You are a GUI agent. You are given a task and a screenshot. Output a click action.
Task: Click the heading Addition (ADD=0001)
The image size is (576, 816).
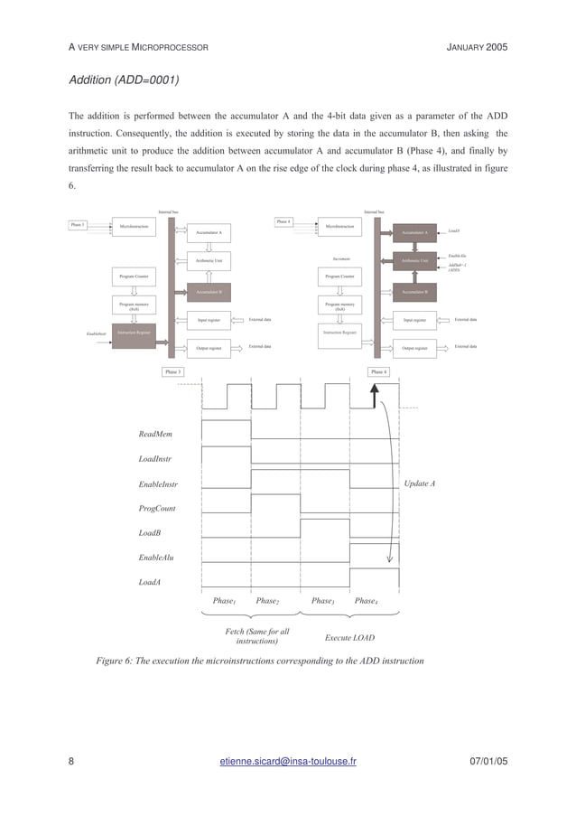tap(125, 80)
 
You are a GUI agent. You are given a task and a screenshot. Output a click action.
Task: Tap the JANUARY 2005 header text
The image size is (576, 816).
tap(478, 46)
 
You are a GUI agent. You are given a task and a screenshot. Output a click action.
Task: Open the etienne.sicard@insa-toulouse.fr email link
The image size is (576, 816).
tap(288, 761)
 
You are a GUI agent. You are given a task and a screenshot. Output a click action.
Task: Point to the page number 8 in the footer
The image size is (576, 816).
tap(72, 761)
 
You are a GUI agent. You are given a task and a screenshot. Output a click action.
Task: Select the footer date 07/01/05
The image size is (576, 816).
tap(488, 761)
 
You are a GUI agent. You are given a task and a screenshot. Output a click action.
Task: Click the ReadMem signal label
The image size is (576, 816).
tap(156, 435)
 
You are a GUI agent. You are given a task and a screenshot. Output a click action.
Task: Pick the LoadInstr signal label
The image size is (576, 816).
tap(156, 459)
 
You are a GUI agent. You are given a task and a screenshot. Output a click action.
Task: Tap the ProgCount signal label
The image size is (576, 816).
tap(157, 508)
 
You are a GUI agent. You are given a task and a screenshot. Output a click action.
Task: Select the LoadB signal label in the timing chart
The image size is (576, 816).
tap(151, 533)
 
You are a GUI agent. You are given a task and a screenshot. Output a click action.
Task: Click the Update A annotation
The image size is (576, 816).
tap(420, 483)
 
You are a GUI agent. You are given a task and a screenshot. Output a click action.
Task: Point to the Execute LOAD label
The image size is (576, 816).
tap(349, 638)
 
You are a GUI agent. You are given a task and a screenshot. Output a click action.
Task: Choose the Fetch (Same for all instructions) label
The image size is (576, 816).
tap(257, 636)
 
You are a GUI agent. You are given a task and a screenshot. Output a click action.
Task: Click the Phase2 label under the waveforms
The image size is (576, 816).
tap(267, 601)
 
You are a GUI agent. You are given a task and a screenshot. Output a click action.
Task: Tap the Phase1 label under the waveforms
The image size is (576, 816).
tap(224, 601)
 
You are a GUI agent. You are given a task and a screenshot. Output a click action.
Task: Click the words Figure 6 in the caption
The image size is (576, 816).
tap(114, 661)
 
